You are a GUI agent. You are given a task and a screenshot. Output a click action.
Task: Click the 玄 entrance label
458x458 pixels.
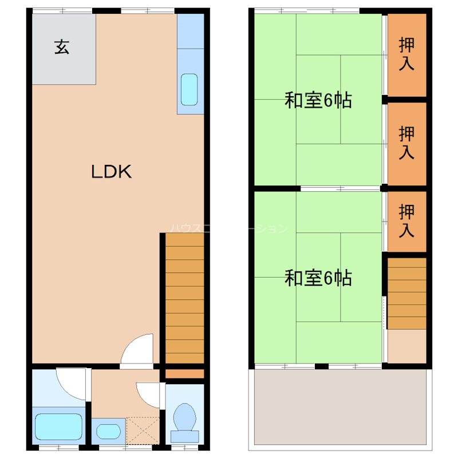click(x=62, y=48)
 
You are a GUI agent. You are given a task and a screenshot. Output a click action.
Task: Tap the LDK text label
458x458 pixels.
click(x=112, y=172)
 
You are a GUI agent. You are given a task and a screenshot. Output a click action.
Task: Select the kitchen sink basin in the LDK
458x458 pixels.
click(x=189, y=89)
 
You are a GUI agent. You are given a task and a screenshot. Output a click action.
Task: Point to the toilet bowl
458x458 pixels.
click(x=184, y=418)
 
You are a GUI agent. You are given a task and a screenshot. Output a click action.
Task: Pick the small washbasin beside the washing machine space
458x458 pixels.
click(x=107, y=431)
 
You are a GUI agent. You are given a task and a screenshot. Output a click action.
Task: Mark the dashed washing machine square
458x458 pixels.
click(x=142, y=431)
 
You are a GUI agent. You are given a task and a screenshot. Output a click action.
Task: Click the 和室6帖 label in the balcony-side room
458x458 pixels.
click(x=318, y=278)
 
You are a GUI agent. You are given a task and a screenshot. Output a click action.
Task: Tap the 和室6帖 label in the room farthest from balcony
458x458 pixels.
click(x=318, y=101)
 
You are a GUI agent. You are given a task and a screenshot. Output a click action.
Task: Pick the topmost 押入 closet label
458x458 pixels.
click(x=407, y=54)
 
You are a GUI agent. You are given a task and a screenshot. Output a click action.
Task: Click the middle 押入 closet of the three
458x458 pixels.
click(x=407, y=143)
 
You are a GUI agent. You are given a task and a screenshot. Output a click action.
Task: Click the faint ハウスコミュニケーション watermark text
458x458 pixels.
click(x=229, y=228)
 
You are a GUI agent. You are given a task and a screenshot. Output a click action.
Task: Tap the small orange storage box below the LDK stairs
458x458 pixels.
click(x=184, y=374)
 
